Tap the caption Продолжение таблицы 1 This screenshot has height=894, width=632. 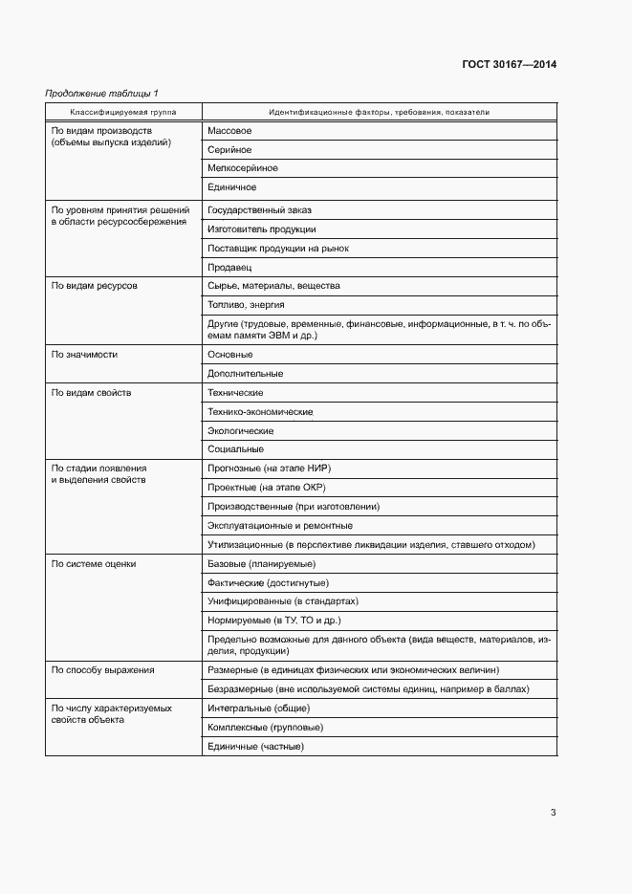102,93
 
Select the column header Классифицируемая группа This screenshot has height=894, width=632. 123,112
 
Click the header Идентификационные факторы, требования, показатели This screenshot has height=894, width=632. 379,112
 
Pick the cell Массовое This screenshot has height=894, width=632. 229,130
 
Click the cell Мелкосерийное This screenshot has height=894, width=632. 243,168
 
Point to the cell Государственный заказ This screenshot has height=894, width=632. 259,209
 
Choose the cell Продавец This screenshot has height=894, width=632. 229,268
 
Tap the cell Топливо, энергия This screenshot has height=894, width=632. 246,305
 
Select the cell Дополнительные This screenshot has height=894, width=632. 245,374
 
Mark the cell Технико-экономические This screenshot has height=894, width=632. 260,412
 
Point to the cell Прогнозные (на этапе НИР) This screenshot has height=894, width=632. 269,469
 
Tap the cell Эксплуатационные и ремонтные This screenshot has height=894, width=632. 279,526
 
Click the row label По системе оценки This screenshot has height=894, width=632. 94,564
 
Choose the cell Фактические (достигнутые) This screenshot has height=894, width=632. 268,583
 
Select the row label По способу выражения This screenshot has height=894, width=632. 102,670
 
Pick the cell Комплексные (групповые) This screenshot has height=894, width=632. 265,728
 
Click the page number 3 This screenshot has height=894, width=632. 553,813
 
